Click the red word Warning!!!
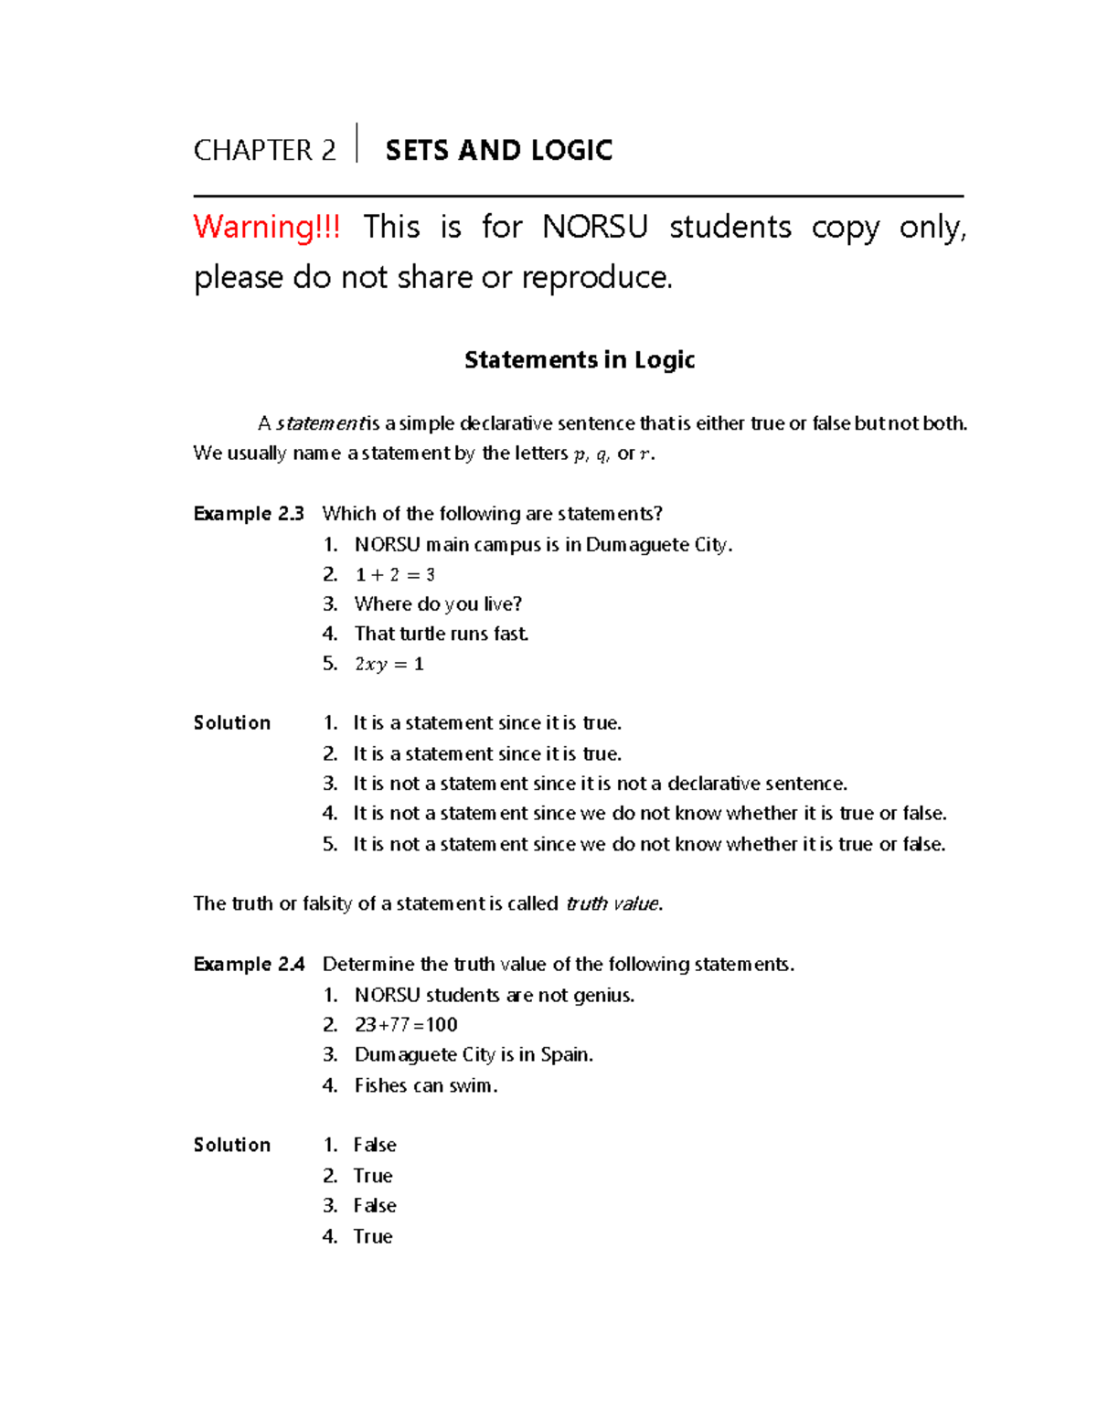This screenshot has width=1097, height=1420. tap(267, 227)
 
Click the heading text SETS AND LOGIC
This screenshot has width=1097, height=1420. tap(498, 150)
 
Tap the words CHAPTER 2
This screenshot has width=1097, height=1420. tap(264, 150)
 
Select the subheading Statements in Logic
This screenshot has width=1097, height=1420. tap(580, 359)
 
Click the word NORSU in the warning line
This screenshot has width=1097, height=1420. tap(594, 227)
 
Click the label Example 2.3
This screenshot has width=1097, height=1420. tap(249, 514)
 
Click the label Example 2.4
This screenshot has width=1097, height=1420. tap(249, 965)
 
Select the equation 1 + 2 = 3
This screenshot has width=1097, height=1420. tap(395, 575)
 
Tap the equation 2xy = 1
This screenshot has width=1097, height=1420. tap(389, 665)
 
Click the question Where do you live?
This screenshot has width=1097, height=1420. tap(438, 604)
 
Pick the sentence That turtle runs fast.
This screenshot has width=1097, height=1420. tap(442, 634)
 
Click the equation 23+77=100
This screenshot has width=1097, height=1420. tap(406, 1025)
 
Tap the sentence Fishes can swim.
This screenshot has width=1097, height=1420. tap(426, 1086)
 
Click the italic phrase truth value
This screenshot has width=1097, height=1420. tap(612, 904)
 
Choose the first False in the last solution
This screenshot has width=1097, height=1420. tap(375, 1146)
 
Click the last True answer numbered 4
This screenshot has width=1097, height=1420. tap(373, 1237)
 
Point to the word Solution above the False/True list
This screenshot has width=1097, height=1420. tap(232, 1146)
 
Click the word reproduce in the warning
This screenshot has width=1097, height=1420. tap(596, 277)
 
